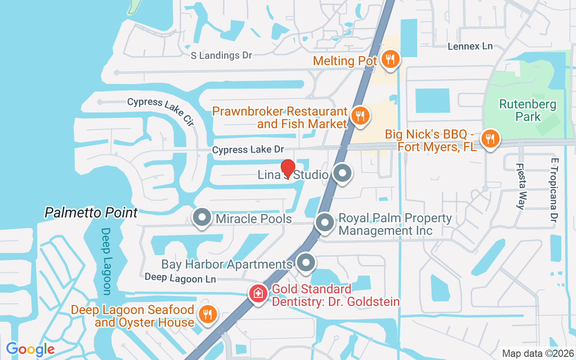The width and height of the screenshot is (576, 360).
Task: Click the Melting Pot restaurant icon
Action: pos(390,59)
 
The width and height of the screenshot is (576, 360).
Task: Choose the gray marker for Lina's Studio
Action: pos(342,173)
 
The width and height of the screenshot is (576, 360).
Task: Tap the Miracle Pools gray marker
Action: pos(202,218)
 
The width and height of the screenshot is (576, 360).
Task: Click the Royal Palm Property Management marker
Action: pos(324,223)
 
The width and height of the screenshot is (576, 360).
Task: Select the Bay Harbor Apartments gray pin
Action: pos(306,262)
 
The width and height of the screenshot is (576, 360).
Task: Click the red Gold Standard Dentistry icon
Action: pos(258,294)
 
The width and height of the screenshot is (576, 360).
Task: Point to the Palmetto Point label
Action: pos(91,212)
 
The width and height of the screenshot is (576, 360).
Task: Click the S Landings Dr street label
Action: pos(221,55)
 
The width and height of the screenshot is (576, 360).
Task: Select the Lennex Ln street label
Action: pos(470,46)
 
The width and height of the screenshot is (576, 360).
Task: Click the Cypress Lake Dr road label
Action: pos(248,149)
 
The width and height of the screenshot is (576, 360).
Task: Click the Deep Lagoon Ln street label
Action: pos(180,278)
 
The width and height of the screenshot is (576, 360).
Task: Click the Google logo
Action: pos(30,349)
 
